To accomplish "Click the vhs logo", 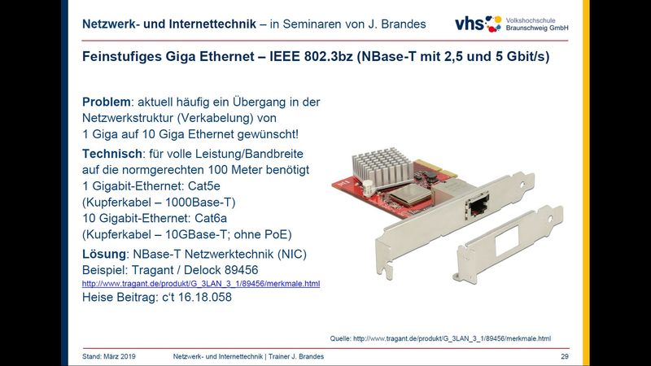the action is point(478,24).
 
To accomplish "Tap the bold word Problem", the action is point(107,102).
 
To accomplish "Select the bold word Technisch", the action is point(112,154).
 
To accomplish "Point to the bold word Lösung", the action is point(104,254).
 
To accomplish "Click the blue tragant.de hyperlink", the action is point(201,284).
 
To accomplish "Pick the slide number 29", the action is point(565,356).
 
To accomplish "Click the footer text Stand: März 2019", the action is point(109,356).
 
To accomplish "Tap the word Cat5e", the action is point(204,186).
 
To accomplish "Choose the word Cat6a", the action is point(211,218).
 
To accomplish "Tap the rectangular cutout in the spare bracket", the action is point(507,239).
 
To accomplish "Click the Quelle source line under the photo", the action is point(440,338).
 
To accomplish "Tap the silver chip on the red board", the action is point(408,195).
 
